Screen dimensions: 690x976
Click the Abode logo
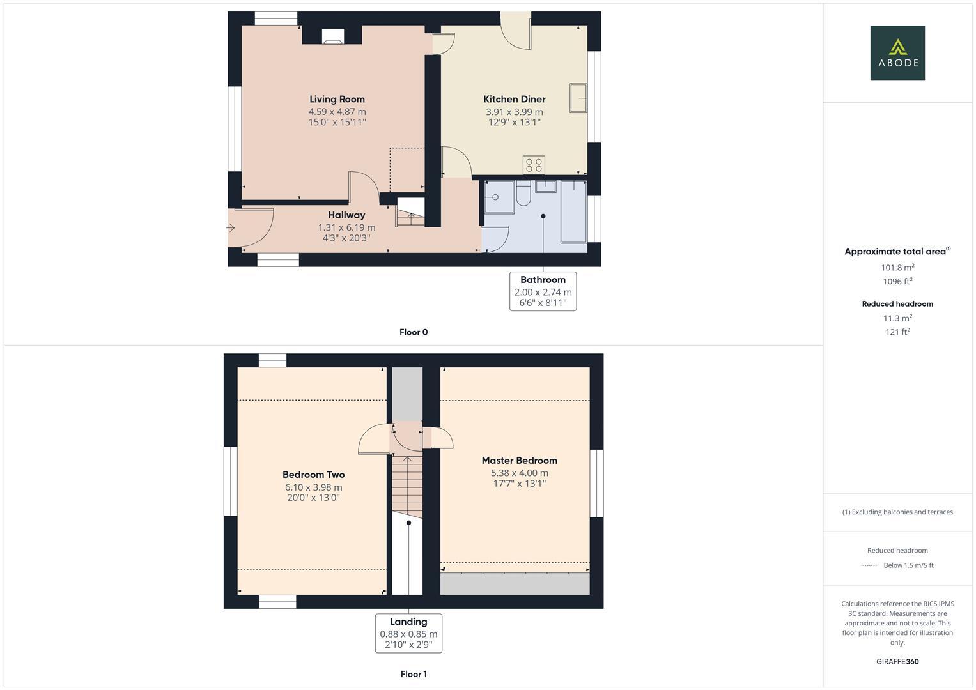tap(897, 53)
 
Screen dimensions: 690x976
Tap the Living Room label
tap(337, 99)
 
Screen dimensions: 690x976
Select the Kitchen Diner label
tap(514, 99)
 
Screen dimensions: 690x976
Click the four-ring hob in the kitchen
tap(534, 165)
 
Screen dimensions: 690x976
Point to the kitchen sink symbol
tap(578, 98)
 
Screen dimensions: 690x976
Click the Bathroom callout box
tap(543, 291)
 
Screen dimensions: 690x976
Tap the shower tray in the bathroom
tap(499, 197)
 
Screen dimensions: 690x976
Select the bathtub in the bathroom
tap(573, 211)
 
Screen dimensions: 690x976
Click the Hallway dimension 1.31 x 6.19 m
tap(346, 227)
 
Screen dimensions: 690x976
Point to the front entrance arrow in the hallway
tap(231, 227)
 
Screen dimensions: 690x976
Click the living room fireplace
tap(332, 37)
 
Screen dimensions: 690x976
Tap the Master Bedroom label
tap(519, 461)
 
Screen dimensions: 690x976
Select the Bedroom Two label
tap(313, 475)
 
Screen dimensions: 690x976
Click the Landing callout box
tap(408, 633)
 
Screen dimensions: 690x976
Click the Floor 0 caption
tap(414, 332)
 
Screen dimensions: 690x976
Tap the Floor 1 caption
tap(414, 674)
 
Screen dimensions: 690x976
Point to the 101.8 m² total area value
tap(897, 268)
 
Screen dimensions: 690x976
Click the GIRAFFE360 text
tap(897, 662)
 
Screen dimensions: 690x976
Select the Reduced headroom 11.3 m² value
tap(897, 318)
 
